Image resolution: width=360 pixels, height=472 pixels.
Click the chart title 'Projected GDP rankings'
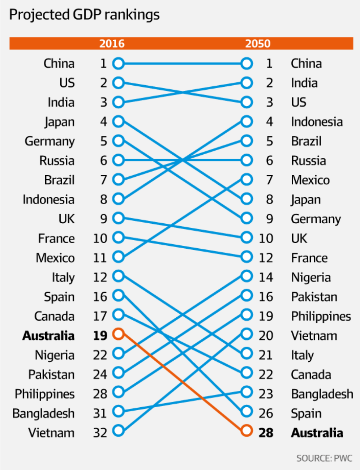[84, 15]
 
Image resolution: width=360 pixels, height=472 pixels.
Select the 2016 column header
[112, 44]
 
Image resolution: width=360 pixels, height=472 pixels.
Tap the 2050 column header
[257, 44]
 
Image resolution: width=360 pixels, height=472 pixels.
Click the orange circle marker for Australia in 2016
[118, 334]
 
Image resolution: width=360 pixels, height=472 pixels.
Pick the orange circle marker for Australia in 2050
[247, 431]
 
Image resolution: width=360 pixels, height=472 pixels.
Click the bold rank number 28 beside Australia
[266, 433]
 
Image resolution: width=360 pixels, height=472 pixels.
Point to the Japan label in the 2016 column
[60, 122]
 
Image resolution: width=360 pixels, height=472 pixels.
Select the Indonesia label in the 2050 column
[317, 122]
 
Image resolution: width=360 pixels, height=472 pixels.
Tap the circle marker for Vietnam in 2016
[118, 431]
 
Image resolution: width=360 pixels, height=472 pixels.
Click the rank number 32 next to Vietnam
[100, 433]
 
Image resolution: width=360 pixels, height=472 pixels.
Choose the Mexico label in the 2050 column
[310, 180]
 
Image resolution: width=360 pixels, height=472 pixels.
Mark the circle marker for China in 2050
[247, 64]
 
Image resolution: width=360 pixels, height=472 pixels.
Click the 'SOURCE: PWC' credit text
[324, 458]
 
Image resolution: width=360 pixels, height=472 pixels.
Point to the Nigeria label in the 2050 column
[311, 278]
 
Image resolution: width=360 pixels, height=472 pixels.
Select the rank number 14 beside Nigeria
[266, 278]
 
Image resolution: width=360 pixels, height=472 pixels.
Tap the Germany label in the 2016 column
[50, 141]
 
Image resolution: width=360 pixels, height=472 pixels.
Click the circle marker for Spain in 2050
[247, 411]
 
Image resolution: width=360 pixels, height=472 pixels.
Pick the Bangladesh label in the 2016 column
[43, 413]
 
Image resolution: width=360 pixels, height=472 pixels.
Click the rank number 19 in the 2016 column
[100, 336]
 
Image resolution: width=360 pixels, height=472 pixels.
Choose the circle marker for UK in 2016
[118, 218]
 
